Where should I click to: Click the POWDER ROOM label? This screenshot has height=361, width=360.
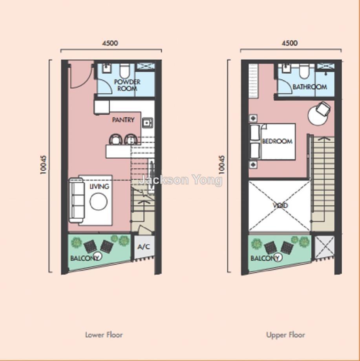(x=127, y=85)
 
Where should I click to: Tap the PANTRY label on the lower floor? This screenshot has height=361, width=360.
(x=123, y=120)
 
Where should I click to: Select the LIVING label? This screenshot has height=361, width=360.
(x=99, y=186)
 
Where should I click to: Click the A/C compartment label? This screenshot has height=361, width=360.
(x=144, y=247)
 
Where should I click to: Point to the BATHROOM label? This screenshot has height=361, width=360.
(x=310, y=87)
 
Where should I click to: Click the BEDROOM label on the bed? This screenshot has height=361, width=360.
(x=277, y=141)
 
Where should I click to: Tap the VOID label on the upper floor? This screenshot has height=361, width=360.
(x=280, y=205)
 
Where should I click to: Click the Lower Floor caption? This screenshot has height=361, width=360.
(x=104, y=335)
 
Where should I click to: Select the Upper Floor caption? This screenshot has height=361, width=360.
(x=285, y=335)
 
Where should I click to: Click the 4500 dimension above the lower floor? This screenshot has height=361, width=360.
(x=111, y=43)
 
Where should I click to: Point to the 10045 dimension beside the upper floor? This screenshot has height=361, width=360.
(x=222, y=165)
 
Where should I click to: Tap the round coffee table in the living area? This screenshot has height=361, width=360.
(x=99, y=201)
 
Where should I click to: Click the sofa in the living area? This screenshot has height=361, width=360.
(x=76, y=200)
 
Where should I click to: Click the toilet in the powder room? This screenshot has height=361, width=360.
(x=125, y=71)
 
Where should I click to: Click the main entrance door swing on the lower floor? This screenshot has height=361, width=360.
(x=82, y=75)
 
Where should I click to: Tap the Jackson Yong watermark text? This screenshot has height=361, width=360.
(x=181, y=180)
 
